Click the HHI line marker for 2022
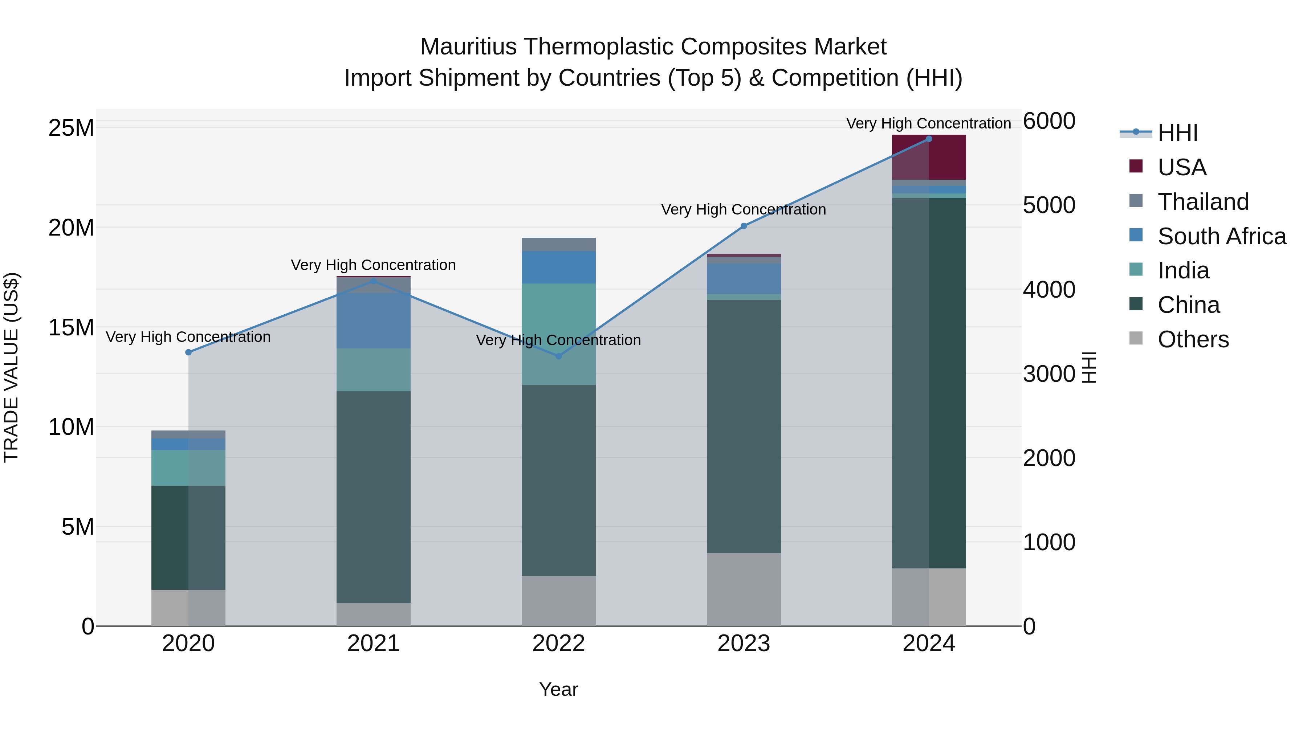[559, 356]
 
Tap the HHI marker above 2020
[188, 352]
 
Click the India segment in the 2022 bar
[559, 334]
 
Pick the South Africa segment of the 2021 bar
[374, 320]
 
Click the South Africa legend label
[1222, 236]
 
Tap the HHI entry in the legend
[1177, 133]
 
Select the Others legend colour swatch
[1136, 338]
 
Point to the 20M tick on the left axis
[71, 228]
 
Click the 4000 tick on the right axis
[1049, 290]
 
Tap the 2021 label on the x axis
[374, 644]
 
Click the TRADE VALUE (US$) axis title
[11, 367]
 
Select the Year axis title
[559, 689]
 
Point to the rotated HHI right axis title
[1089, 367]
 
